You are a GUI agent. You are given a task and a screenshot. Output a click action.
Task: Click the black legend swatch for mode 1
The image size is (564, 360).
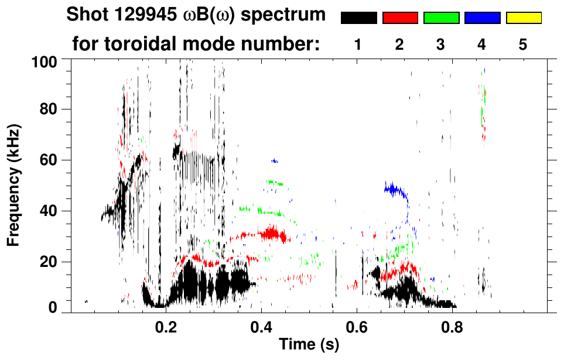tap(358, 18)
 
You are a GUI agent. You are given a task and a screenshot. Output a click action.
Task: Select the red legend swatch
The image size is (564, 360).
tap(400, 18)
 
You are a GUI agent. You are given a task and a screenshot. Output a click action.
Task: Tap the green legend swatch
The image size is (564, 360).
tap(441, 18)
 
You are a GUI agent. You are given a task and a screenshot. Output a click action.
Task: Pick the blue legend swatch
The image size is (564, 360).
tap(482, 18)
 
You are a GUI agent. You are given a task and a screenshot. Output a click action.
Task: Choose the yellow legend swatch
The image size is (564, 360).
tap(523, 18)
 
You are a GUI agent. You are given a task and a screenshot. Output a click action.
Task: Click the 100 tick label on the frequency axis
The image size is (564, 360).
tap(44, 61)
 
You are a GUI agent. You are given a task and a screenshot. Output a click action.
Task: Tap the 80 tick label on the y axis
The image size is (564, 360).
tap(48, 109)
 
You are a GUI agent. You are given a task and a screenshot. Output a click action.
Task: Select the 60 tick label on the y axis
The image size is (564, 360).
tap(48, 160)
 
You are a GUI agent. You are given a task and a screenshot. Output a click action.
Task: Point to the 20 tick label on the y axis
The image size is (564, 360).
tap(48, 262)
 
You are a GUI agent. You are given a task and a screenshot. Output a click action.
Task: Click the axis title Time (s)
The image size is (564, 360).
tap(308, 345)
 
